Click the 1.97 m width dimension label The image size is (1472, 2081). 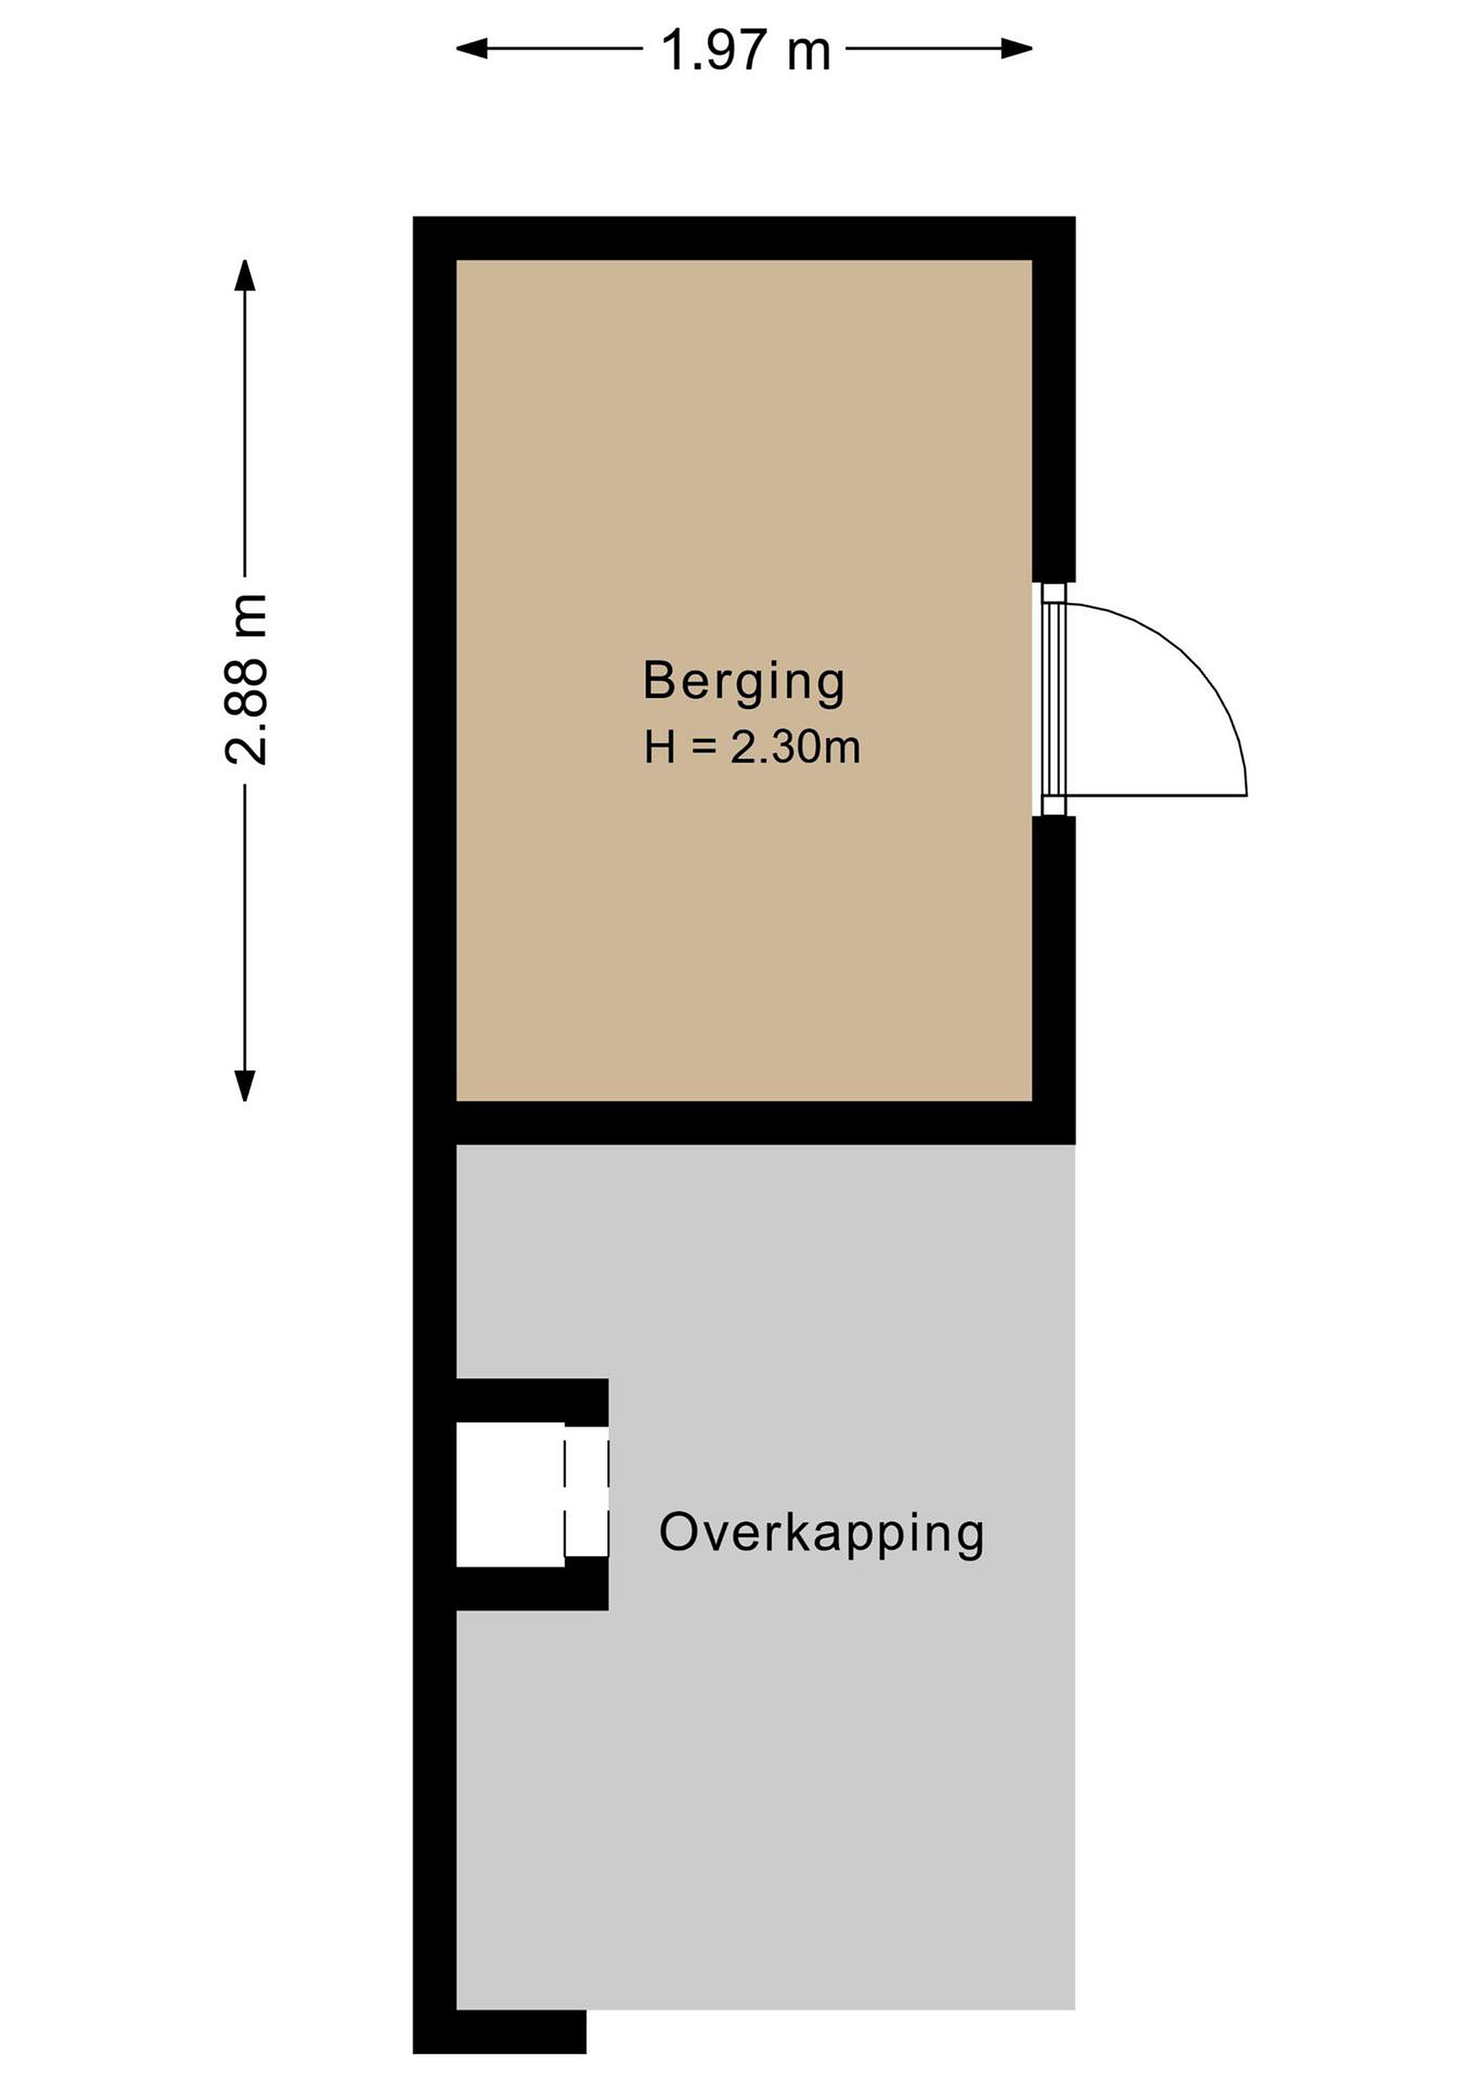click(745, 50)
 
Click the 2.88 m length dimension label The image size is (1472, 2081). click(246, 680)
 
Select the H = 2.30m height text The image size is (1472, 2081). click(752, 748)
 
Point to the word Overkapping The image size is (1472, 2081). click(821, 1533)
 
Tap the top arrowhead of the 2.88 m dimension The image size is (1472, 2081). click(245, 275)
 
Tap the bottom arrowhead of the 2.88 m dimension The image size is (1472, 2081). click(245, 1085)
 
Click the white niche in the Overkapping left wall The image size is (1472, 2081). click(510, 1494)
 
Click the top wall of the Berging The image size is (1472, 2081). click(744, 238)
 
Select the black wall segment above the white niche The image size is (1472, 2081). click(532, 1401)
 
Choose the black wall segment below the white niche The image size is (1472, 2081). click(532, 1586)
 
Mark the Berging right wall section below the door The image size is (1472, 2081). click(1054, 958)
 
